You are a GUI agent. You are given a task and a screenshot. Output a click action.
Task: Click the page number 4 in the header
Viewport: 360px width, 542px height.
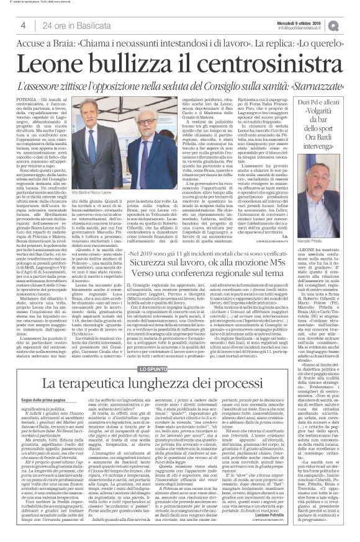[x=22, y=25]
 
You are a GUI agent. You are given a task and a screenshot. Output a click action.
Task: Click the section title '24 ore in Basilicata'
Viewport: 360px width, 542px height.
[x=70, y=25]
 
